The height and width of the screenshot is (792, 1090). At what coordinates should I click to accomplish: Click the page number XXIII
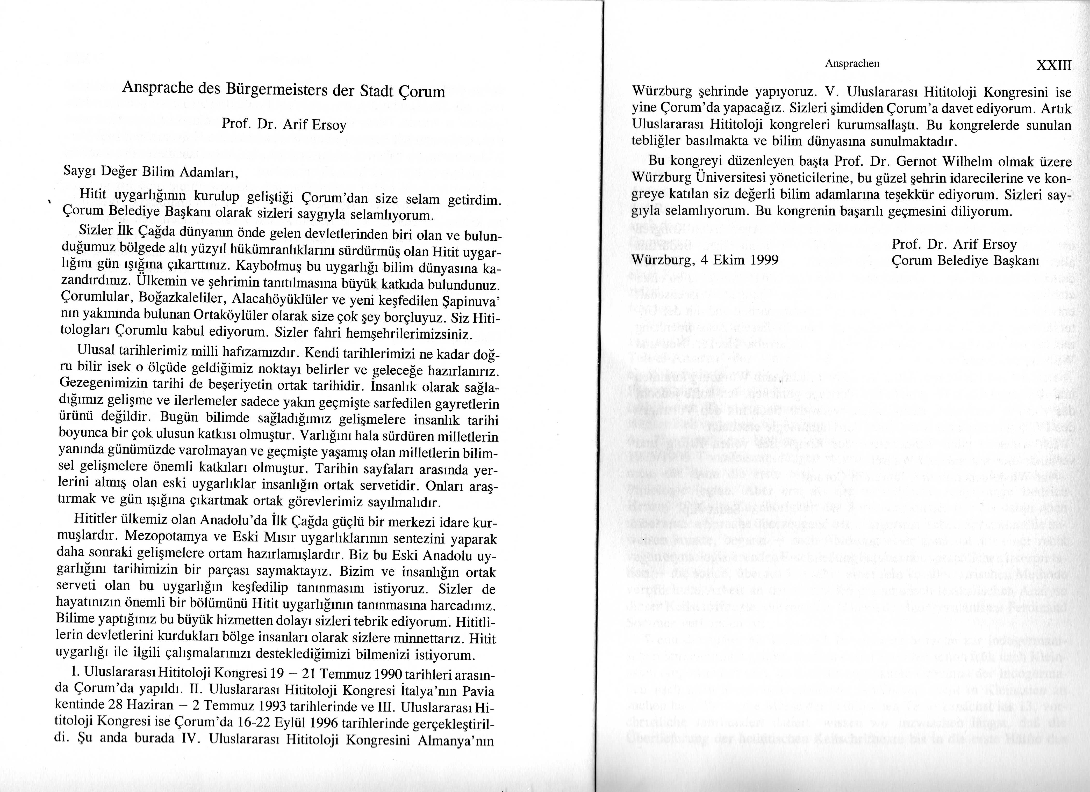1054,65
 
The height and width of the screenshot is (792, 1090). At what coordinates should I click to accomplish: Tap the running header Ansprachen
852,63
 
